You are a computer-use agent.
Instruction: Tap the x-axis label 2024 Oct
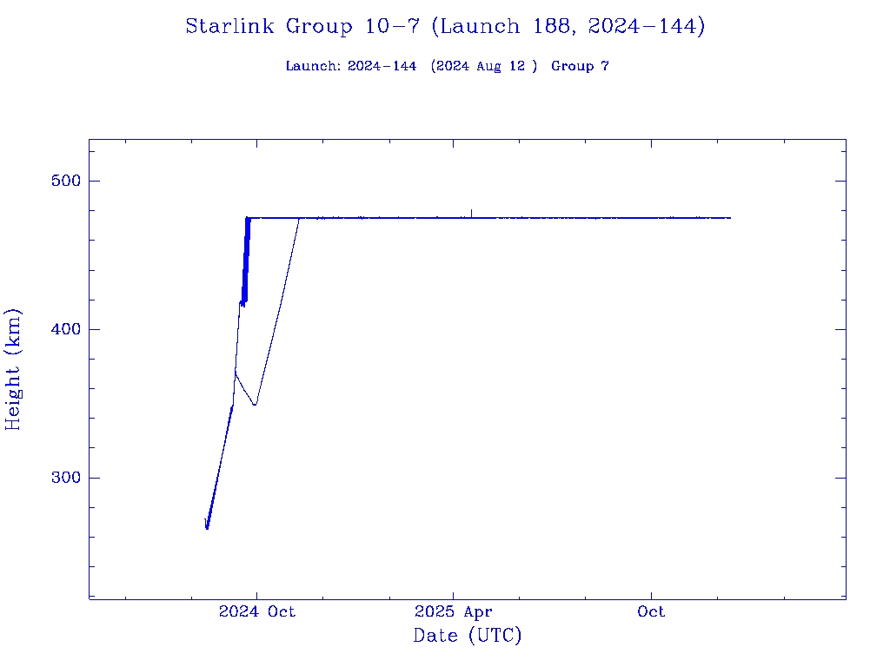[256, 611]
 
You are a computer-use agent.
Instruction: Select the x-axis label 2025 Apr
[454, 611]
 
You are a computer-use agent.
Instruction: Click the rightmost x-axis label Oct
[651, 611]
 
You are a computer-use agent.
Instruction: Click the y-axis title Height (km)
[13, 369]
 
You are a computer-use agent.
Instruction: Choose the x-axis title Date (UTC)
[468, 636]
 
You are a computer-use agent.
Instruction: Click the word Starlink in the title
[231, 26]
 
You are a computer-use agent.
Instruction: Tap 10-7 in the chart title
[392, 26]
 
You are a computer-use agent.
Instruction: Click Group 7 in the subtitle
[580, 66]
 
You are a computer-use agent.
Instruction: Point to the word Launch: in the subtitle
[313, 66]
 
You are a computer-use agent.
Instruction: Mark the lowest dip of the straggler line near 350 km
[255, 405]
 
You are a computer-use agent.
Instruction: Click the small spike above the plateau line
[471, 212]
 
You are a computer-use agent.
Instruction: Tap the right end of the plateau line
[730, 218]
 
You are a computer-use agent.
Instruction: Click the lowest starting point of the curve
[207, 528]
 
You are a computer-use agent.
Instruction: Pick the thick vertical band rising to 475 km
[246, 261]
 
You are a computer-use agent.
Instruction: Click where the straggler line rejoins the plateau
[300, 218]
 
